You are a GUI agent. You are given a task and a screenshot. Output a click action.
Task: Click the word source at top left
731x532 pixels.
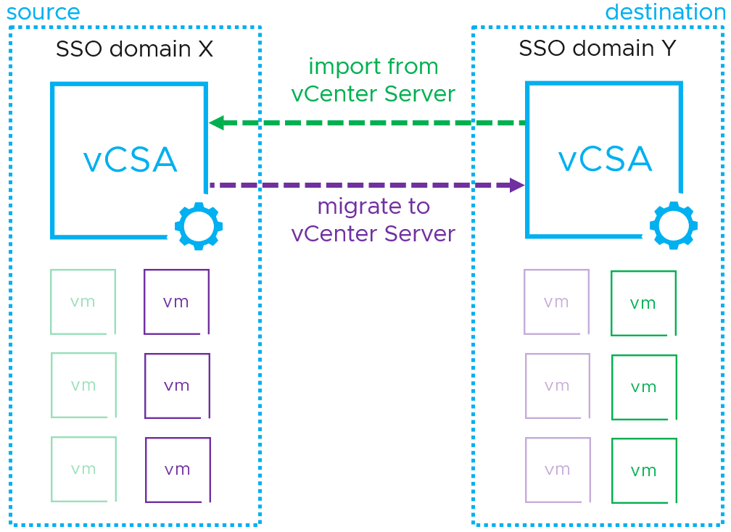(43, 12)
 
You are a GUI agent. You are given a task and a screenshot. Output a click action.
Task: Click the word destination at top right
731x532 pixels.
(664, 12)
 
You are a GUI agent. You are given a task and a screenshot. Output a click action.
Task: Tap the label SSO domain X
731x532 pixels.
(134, 49)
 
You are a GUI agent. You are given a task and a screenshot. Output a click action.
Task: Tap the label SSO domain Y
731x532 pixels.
(597, 49)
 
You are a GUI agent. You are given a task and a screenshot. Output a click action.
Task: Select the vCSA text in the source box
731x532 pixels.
(131, 160)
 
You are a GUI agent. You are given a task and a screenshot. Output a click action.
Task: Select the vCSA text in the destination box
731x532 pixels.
(605, 159)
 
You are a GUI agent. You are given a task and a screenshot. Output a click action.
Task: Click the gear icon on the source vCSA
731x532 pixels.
(199, 227)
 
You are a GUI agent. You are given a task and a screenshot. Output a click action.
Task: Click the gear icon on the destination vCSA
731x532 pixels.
(674, 225)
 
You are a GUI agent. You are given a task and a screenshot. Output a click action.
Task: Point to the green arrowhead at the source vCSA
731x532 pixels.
(216, 123)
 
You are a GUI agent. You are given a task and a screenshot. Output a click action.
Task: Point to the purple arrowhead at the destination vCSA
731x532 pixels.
(517, 186)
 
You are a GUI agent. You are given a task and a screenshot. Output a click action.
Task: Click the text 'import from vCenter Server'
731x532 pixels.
(373, 80)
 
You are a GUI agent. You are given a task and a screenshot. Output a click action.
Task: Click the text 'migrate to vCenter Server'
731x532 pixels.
(373, 220)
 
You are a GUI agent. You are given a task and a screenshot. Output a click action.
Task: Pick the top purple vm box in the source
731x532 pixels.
(176, 302)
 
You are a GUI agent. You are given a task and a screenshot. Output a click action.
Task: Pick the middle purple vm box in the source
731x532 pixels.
(177, 386)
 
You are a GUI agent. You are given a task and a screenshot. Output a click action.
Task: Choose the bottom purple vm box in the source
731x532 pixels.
(178, 470)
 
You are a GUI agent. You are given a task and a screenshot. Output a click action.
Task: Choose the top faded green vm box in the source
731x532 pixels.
(83, 302)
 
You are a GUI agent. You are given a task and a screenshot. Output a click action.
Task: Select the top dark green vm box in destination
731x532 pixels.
(643, 303)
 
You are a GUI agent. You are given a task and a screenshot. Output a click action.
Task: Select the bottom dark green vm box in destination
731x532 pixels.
(644, 470)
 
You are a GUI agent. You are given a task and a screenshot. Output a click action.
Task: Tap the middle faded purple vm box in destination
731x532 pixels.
(557, 386)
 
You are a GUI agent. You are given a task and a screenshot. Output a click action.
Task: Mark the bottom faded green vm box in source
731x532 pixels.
(83, 469)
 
